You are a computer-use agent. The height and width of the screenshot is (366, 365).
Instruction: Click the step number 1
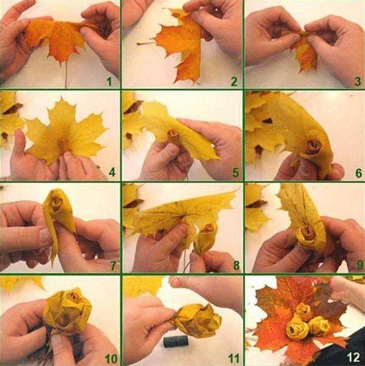tap(109, 81)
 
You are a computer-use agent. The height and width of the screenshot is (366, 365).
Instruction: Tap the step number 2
tap(234, 81)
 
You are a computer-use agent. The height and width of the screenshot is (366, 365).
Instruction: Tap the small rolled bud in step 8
tap(207, 237)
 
